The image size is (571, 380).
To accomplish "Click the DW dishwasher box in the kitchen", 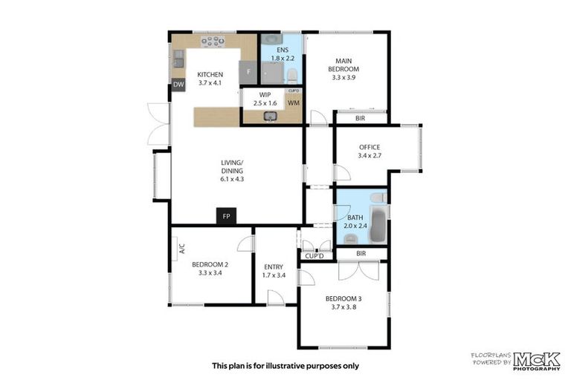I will tap(178, 85).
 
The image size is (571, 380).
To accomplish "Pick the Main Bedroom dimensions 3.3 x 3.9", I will tap(343, 76).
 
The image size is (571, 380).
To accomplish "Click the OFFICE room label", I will tap(370, 147).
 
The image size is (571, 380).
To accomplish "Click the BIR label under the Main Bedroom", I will tap(361, 118).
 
